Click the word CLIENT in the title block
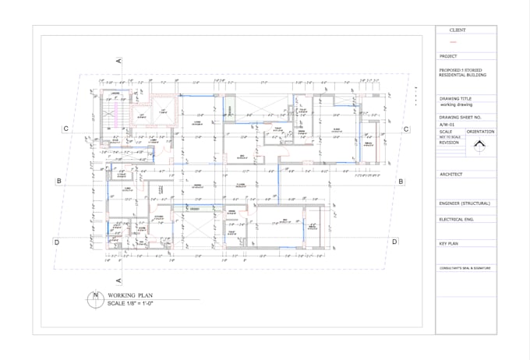(x=458, y=30)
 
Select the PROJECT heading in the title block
(x=448, y=57)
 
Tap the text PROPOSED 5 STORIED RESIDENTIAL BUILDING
(x=461, y=73)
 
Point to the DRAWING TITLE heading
(x=455, y=99)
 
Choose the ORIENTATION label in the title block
(x=480, y=132)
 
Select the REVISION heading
(x=450, y=143)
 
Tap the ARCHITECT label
(x=451, y=175)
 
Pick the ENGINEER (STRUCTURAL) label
(x=465, y=203)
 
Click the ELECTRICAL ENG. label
(x=457, y=220)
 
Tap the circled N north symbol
(x=96, y=295)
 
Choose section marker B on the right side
(x=401, y=182)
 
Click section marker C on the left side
(x=67, y=129)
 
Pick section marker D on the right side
(x=395, y=242)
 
